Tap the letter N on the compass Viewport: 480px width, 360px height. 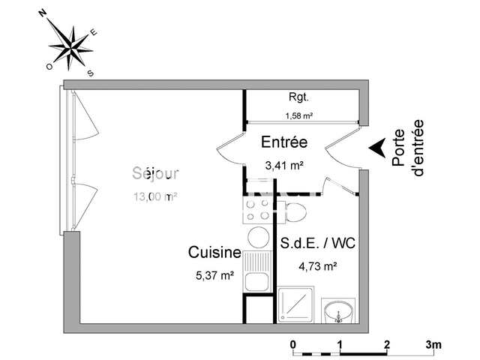pos(43,13)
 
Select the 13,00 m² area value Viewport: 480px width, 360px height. pos(154,197)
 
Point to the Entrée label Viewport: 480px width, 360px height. pos(283,142)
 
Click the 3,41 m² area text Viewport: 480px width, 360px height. pos(283,166)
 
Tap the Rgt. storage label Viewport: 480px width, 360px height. pos(298,97)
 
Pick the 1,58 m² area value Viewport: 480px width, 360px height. pos(298,115)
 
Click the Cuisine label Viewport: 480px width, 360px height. pos(214,253)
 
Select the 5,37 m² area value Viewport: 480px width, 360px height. pos(214,275)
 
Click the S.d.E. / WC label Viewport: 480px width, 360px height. pos(317,243)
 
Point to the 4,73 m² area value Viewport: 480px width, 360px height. pos(317,265)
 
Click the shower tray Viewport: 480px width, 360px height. pos(296,307)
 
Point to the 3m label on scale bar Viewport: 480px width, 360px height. pos(433,344)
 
